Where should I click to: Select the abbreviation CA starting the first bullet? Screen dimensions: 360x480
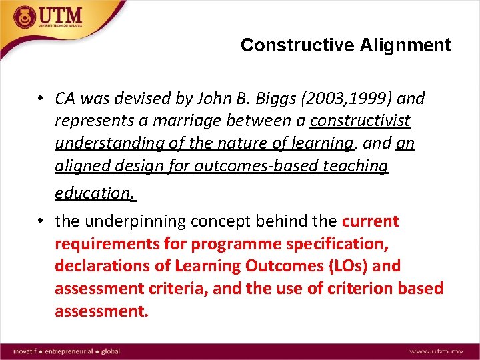66,99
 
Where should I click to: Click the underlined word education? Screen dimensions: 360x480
95,193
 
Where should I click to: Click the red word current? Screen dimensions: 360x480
370,221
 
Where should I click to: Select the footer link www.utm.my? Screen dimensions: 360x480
437,351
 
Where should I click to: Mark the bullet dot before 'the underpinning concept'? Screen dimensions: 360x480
41,221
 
